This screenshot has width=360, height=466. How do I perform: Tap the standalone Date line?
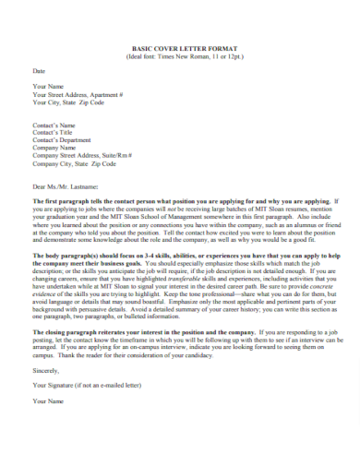[39, 71]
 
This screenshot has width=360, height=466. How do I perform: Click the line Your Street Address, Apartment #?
[78, 95]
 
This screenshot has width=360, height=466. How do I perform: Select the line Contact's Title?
[54, 131]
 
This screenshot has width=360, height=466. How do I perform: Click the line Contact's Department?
[64, 139]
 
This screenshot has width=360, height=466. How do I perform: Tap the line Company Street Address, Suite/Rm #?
[83, 155]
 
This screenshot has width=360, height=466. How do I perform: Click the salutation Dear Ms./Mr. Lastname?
[69, 185]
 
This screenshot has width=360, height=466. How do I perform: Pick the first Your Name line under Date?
[49, 87]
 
